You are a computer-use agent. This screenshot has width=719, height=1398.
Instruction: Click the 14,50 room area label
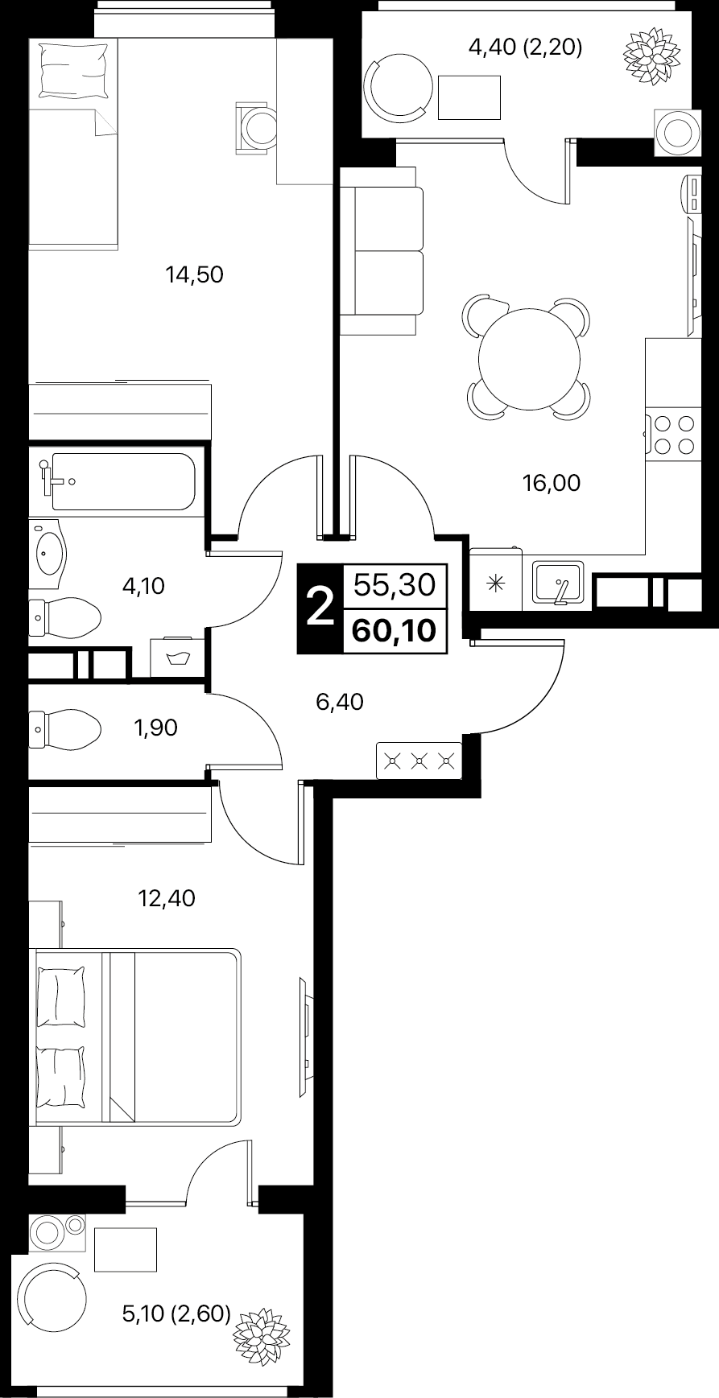tap(194, 275)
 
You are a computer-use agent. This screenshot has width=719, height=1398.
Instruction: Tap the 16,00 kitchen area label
tap(552, 483)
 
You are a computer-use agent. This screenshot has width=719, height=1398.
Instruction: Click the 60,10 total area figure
tap(395, 629)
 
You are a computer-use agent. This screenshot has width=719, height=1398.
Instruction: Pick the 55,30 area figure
tap(395, 584)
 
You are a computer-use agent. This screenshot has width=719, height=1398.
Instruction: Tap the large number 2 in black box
tap(321, 607)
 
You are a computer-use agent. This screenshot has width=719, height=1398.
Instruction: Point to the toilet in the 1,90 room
tap(64, 729)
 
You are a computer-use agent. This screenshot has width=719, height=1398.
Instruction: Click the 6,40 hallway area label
tap(340, 703)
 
